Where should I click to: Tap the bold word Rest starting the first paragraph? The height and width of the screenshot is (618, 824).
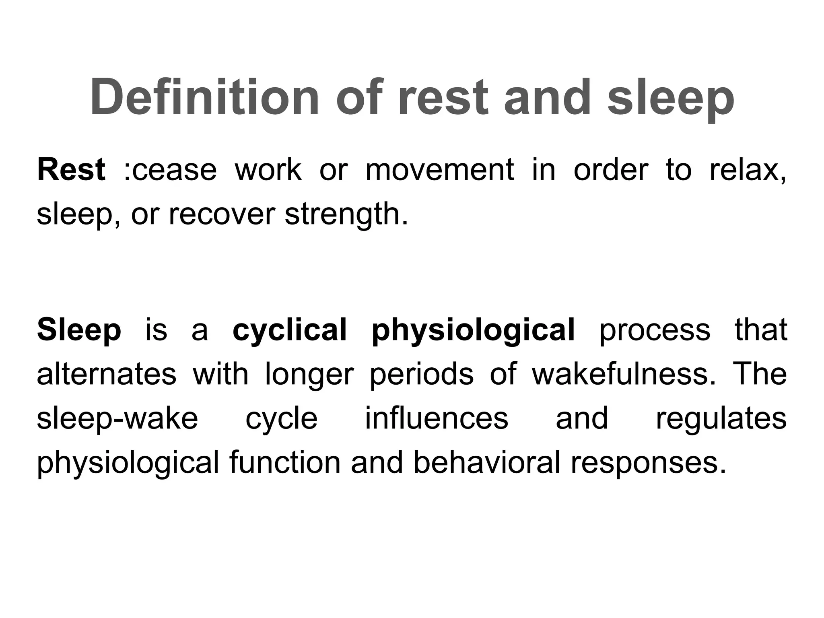pos(71,170)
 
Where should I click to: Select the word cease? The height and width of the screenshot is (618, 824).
pos(174,170)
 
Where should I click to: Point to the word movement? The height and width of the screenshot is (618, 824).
pos(439,170)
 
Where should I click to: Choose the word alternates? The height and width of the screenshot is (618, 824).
pos(107,374)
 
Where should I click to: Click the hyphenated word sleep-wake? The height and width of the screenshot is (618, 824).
pos(117,418)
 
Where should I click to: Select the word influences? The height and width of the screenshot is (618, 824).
pos(437,418)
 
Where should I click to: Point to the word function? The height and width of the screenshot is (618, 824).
pos(285,463)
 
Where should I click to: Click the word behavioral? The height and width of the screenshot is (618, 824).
pos(486,463)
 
